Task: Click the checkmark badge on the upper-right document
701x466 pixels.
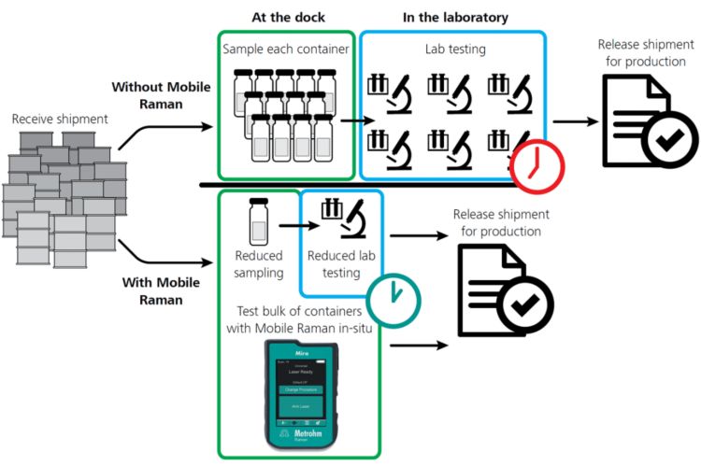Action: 665,141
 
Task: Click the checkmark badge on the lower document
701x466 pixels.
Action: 524,306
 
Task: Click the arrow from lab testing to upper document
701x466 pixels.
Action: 576,120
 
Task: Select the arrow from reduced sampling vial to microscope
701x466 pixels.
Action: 291,227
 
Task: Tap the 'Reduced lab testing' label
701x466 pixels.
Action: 336,265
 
